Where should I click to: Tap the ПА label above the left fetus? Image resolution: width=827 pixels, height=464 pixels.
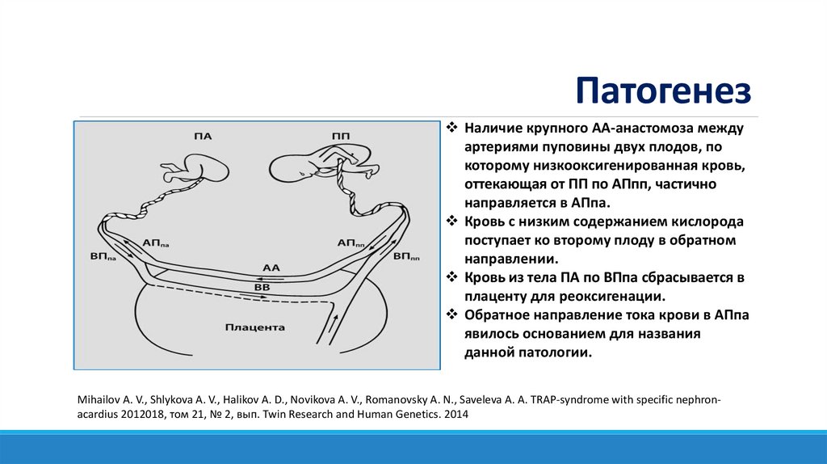pos(203,136)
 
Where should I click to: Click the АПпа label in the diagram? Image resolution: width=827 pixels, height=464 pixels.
pos(156,242)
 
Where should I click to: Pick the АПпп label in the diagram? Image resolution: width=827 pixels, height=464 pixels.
pos(350,242)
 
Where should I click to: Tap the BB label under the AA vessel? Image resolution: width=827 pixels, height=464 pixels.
pos(262,286)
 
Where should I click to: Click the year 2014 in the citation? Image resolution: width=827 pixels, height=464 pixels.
pos(455,414)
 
